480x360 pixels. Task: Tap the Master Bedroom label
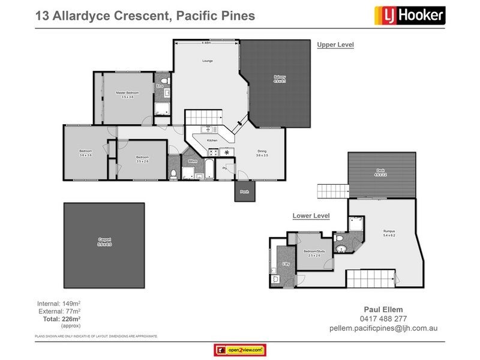coord(127,92)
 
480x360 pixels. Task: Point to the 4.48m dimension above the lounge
coord(206,43)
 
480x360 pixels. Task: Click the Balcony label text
coord(280,77)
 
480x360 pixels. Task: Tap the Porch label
coord(245,192)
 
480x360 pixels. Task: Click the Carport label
coord(104,242)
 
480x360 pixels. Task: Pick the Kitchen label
coord(212,140)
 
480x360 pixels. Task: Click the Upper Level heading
coord(335,44)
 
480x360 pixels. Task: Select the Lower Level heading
coord(311,215)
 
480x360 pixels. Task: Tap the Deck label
coord(380,172)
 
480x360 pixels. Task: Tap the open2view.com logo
coord(240,350)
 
